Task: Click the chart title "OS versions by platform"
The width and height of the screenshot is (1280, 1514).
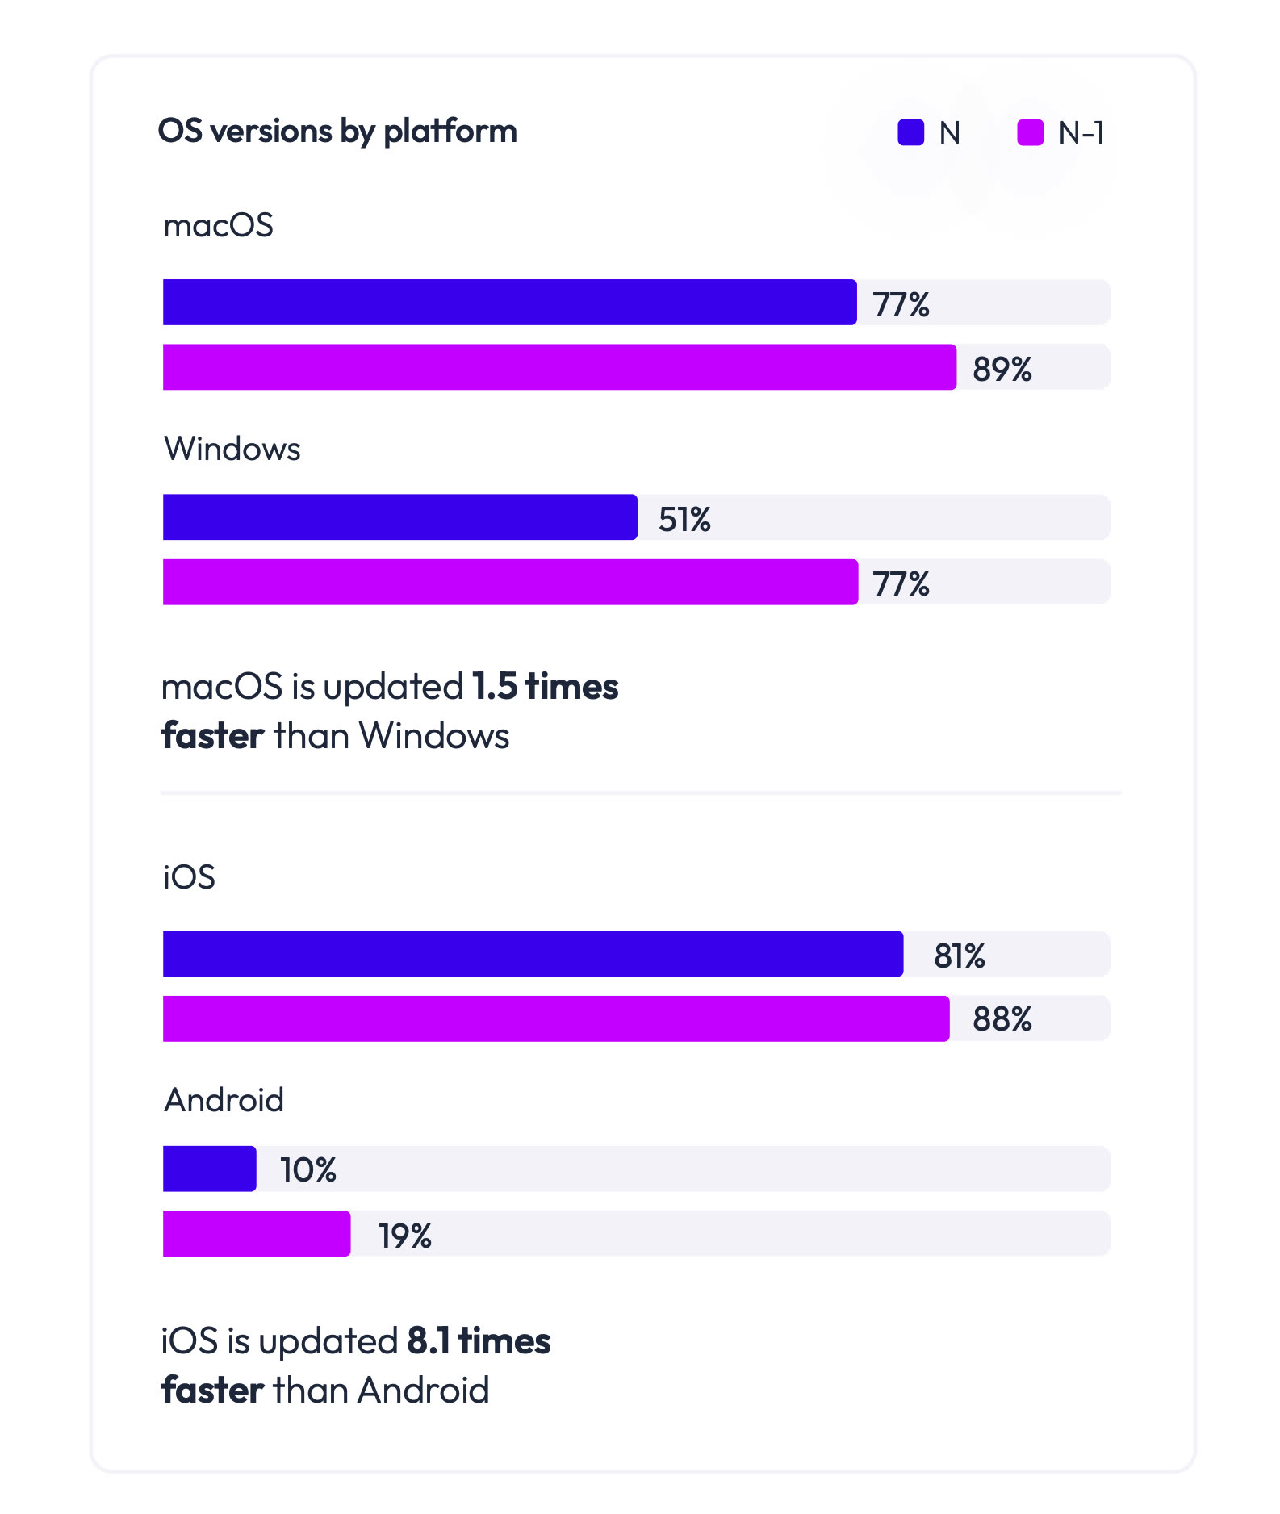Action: [x=337, y=132]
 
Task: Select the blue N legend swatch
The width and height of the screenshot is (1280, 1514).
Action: [x=910, y=132]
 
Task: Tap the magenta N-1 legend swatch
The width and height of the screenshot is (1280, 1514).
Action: [x=1030, y=132]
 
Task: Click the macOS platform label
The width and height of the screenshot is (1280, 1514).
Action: [x=218, y=225]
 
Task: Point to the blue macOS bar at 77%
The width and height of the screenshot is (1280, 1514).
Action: [x=509, y=303]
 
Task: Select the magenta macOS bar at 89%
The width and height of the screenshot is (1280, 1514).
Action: [x=559, y=367]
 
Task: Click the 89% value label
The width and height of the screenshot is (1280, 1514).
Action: [x=1002, y=369]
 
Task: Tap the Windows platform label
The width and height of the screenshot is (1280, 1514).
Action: [x=232, y=449]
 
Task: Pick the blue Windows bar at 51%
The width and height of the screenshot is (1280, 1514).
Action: [x=399, y=517]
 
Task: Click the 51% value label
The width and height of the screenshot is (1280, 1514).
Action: [x=684, y=519]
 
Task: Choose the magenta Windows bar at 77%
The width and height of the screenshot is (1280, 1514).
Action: [x=510, y=582]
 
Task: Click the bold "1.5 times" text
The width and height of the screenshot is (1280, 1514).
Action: [x=545, y=687]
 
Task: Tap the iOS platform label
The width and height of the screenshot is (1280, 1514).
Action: [x=189, y=877]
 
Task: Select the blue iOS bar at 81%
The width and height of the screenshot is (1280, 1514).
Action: [x=533, y=954]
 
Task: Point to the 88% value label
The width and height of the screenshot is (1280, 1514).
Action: [x=1002, y=1019]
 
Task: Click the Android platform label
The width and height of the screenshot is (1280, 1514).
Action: [x=224, y=1100]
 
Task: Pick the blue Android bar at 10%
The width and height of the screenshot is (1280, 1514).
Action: [x=209, y=1169]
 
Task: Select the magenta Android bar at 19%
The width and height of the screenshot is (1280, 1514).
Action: [x=257, y=1233]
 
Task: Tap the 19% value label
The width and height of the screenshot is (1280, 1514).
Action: [x=405, y=1236]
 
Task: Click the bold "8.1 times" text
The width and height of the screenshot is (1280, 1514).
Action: [x=479, y=1341]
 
